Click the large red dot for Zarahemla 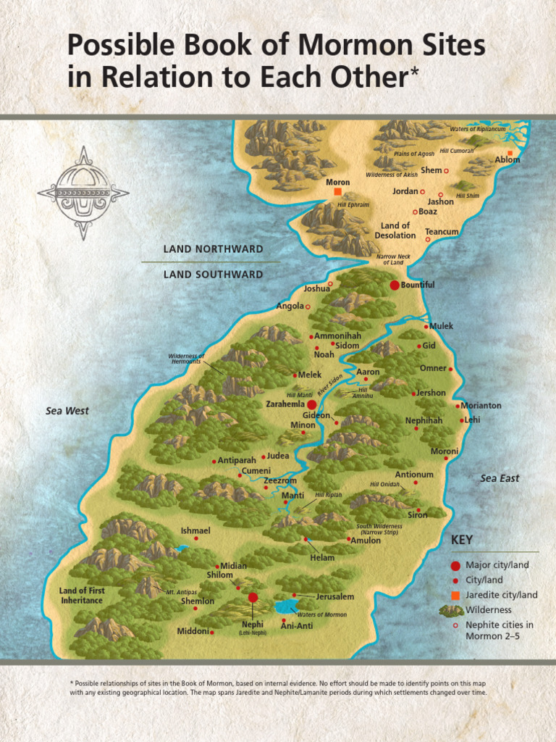(311, 404)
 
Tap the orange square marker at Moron (337, 192)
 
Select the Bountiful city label (418, 285)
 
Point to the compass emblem (83, 193)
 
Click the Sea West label (67, 411)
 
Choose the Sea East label (500, 478)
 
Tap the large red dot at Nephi (253, 597)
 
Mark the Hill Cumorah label (457, 151)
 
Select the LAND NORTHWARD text (213, 249)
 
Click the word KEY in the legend (462, 541)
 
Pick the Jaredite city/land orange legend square (455, 595)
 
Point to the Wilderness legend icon (451, 610)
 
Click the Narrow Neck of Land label (393, 259)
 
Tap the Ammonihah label (337, 336)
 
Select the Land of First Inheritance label (82, 596)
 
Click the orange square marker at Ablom (510, 153)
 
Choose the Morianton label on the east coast (481, 406)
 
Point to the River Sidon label (330, 385)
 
